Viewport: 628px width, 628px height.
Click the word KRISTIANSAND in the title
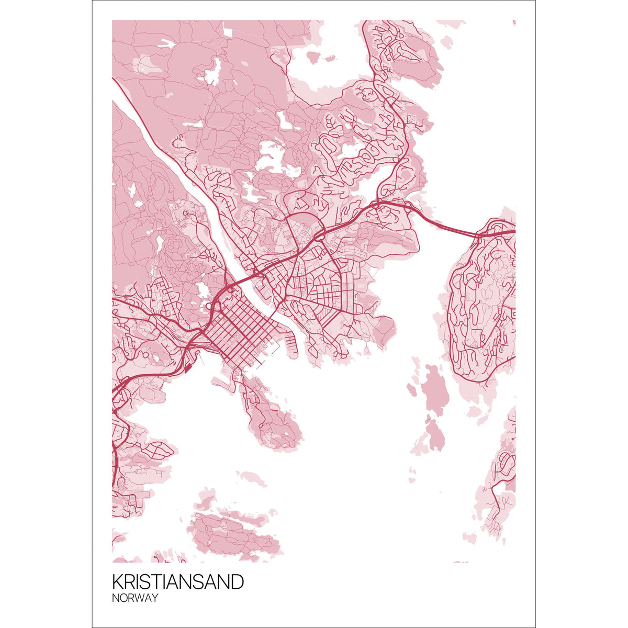click(x=178, y=582)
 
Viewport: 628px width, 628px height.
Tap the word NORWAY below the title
click(x=134, y=598)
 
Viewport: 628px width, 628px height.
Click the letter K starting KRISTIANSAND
click(x=117, y=582)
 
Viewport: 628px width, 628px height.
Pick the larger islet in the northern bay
click(x=312, y=57)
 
